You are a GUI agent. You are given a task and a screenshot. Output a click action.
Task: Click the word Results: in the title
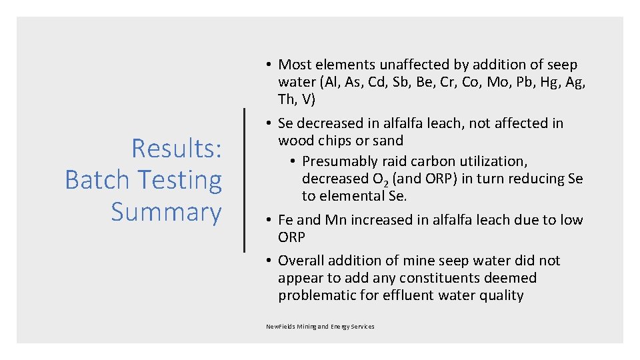[177, 148]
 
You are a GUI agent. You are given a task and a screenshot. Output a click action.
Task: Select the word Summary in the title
[166, 212]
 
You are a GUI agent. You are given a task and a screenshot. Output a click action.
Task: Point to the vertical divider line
[245, 180]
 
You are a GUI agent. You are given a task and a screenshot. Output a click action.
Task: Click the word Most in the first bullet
[293, 65]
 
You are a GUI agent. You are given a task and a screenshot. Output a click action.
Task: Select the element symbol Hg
[540, 82]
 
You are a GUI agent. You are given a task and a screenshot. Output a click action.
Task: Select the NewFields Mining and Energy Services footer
[320, 327]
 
